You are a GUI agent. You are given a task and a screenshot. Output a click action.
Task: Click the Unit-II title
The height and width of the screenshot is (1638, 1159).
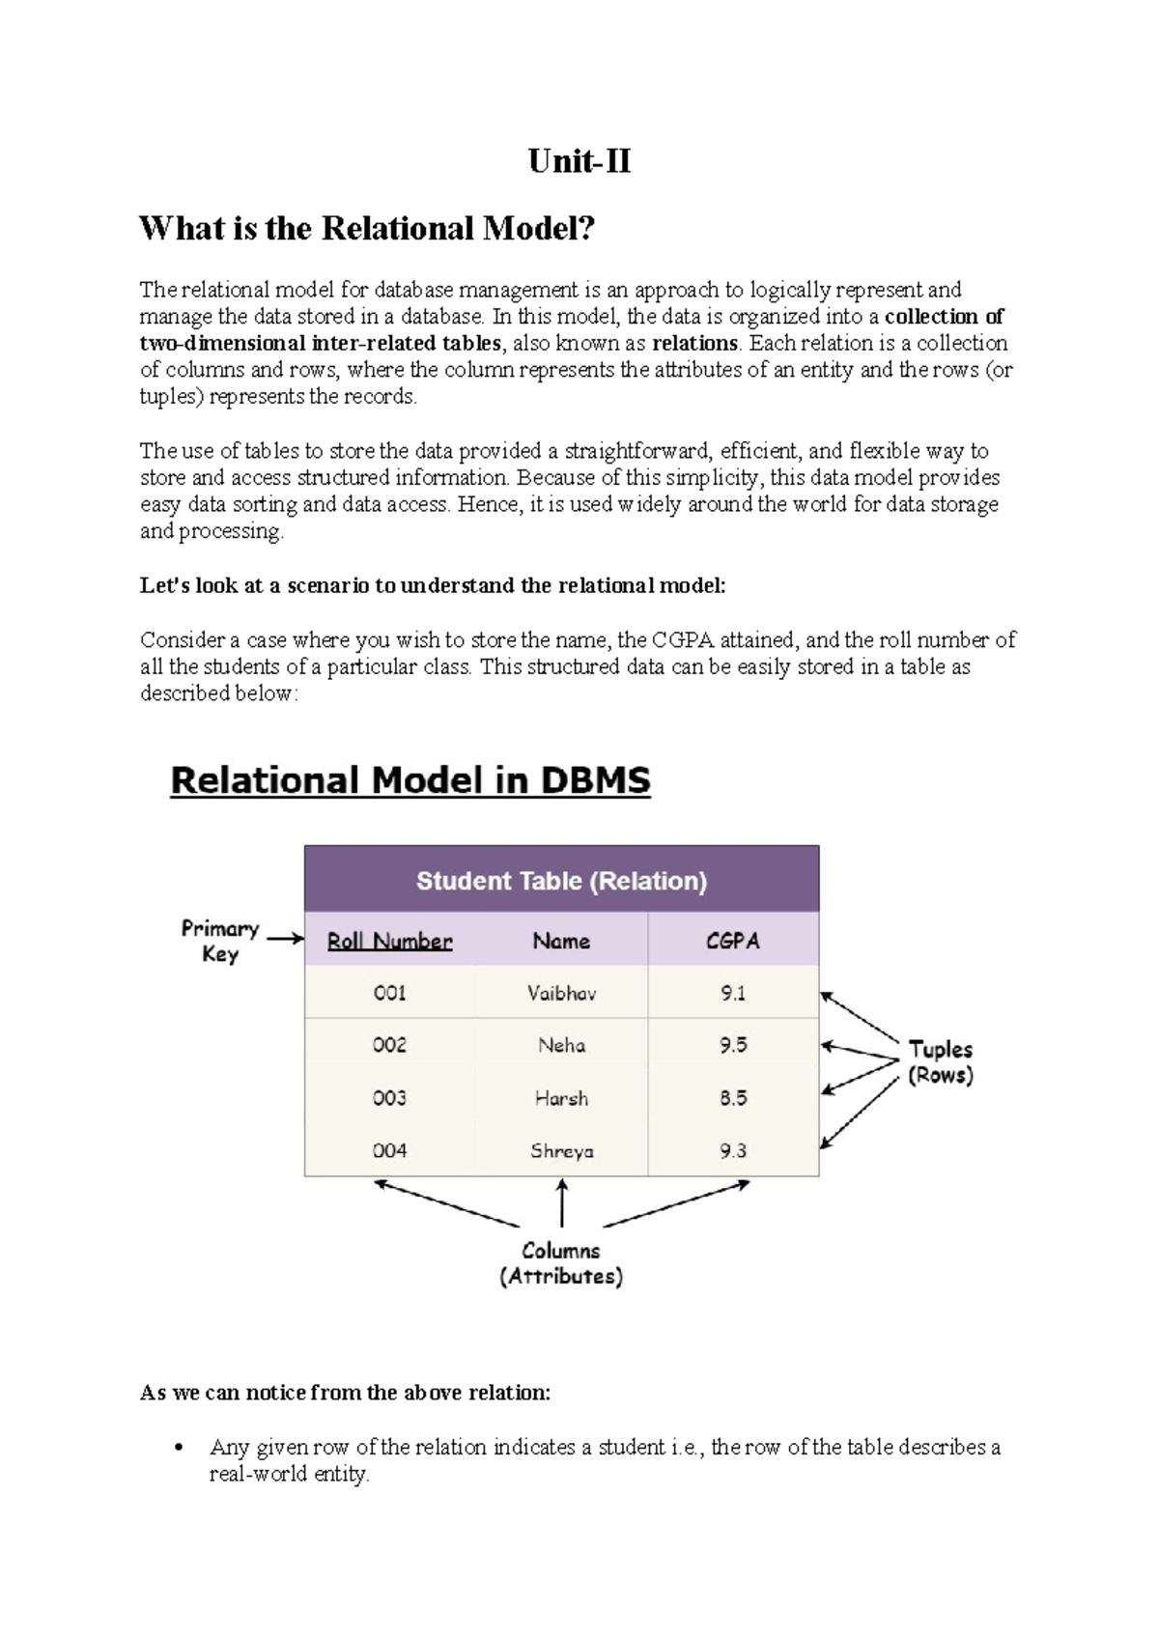point(579,160)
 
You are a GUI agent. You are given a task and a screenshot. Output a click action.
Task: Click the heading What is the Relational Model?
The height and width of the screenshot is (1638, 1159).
point(367,228)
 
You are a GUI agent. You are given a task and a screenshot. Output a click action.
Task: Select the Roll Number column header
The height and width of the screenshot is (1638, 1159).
point(389,941)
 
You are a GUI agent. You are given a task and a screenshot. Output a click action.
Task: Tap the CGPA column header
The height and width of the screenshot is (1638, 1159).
point(733,941)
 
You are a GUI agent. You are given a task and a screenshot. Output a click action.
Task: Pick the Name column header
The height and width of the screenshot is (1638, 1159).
point(561,941)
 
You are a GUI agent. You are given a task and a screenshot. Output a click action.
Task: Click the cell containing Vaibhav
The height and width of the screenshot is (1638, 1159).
point(561,993)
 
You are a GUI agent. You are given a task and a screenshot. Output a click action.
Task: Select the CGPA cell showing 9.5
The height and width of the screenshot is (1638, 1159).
point(733,1045)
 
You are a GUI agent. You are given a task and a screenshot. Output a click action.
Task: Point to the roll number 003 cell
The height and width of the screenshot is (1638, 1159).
point(389,1098)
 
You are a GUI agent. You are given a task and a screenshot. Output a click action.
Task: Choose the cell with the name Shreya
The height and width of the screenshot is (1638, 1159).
point(561,1150)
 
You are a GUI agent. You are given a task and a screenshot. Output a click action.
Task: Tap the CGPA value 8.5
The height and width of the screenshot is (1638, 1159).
point(733,1098)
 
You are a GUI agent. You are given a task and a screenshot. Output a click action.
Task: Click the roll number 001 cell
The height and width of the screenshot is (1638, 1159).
point(389,993)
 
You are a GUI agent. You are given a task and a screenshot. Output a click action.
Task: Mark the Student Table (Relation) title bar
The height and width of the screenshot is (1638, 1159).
point(561,880)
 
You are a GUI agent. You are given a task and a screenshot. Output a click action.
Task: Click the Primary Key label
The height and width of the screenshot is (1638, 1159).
point(220,941)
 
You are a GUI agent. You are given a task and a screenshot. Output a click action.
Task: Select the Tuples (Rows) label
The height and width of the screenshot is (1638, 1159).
point(940,1061)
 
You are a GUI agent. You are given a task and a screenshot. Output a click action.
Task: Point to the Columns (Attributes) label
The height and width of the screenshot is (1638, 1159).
point(561,1263)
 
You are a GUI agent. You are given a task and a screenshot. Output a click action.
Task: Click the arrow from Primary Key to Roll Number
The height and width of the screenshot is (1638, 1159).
point(285,938)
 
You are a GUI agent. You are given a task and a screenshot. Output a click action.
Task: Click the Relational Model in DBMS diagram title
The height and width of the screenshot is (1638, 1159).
point(410,780)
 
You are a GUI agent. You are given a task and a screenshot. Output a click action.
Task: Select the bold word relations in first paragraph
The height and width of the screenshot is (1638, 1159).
point(694,343)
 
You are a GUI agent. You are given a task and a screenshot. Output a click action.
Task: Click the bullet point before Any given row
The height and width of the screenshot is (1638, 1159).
point(177,1448)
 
